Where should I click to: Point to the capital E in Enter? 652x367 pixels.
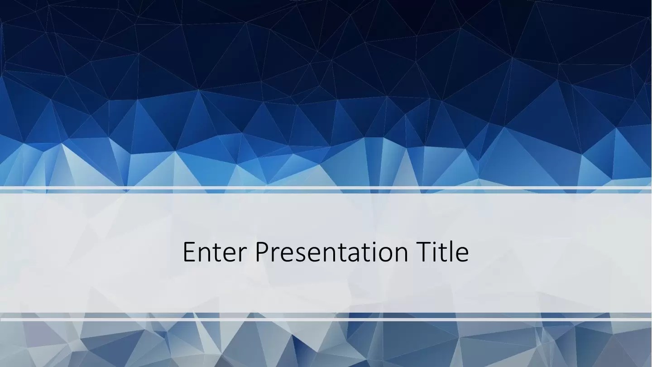click(189, 252)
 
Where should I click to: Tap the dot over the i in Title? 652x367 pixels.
click(436, 243)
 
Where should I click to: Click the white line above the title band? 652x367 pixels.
click(326, 188)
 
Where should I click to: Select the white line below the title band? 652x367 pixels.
click(326, 319)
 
